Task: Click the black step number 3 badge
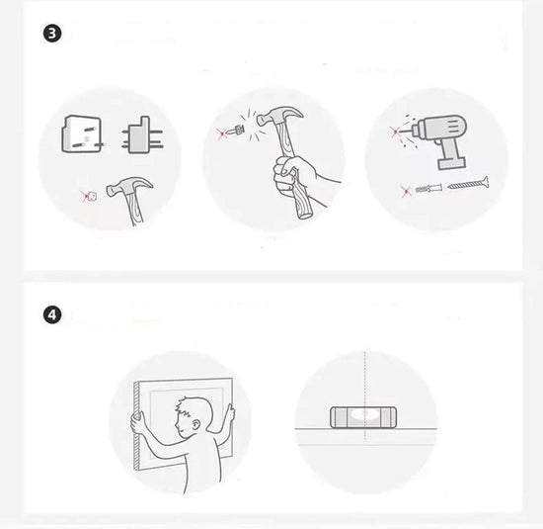(52, 34)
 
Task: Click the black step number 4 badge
(52, 315)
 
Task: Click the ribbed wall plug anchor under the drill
(428, 189)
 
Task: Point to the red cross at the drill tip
(395, 132)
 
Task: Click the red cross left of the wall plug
(406, 191)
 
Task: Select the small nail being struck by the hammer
(235, 131)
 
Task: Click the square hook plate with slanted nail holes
(82, 133)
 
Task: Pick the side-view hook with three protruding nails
(142, 135)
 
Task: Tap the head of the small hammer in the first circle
(129, 186)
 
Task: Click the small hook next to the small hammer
(92, 197)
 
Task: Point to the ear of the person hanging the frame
(195, 425)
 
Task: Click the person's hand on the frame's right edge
(229, 412)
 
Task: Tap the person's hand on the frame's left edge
(137, 422)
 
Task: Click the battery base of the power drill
(451, 163)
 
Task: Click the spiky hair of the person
(190, 406)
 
